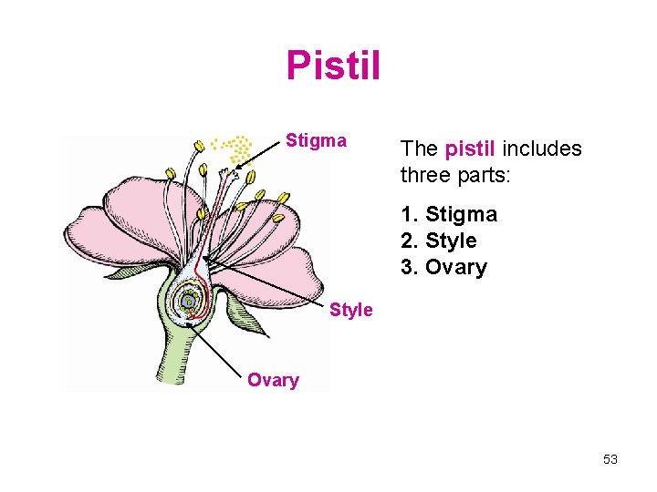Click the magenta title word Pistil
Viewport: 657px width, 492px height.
point(333,65)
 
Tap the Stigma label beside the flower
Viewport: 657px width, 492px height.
point(316,140)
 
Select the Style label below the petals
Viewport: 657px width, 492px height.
point(350,310)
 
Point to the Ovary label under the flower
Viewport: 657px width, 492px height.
point(273,380)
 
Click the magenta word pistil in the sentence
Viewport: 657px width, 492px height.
point(469,149)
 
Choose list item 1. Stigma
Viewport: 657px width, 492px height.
point(448,215)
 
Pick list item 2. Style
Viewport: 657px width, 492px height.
point(438,241)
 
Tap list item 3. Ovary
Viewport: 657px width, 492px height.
point(443,268)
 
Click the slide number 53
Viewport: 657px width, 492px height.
point(610,459)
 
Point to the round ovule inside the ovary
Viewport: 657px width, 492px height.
point(187,302)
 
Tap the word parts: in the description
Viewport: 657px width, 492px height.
point(489,174)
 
